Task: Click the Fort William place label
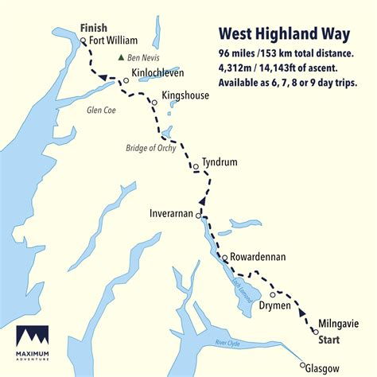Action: coord(114,40)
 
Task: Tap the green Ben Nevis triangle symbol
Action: coord(121,57)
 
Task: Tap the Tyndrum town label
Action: coord(220,161)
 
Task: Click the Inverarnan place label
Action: coord(171,213)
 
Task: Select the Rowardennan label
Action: coord(258,258)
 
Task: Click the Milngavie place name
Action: coord(340,324)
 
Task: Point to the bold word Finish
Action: coord(94,28)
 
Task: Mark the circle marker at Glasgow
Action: coord(303,367)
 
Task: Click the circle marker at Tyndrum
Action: coord(195,167)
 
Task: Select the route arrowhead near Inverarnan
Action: coord(201,202)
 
